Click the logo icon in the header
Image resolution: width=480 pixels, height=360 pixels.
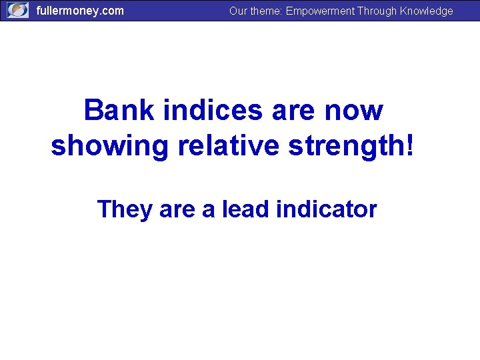[x=18, y=11]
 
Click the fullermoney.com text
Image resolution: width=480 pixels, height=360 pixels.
[x=80, y=11]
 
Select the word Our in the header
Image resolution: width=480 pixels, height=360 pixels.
[x=238, y=11]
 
